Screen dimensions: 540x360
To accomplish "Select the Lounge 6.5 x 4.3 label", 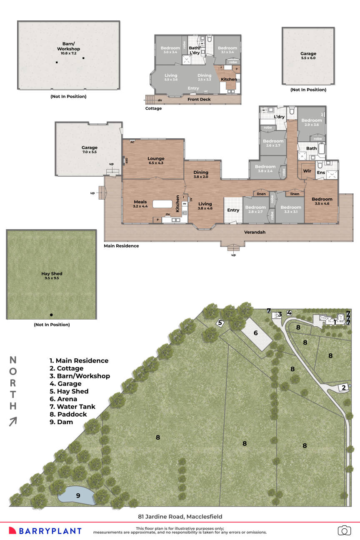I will point(156,161).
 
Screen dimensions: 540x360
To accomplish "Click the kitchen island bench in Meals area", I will point(162,204).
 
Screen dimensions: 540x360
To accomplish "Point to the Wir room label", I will point(307,171).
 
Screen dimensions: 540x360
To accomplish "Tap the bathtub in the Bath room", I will point(322,148).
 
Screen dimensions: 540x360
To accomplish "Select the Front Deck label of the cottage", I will point(199,100).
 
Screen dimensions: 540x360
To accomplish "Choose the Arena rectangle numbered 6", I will point(256,333).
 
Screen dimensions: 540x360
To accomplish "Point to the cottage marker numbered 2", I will point(344,388).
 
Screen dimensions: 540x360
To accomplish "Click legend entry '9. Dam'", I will point(61,422).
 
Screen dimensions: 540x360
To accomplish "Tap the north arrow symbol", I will point(13,421).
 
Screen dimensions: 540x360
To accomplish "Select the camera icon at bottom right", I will point(344,530).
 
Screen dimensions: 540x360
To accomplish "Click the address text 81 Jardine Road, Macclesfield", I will point(180,517).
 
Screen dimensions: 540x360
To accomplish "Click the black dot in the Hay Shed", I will point(51,315).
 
